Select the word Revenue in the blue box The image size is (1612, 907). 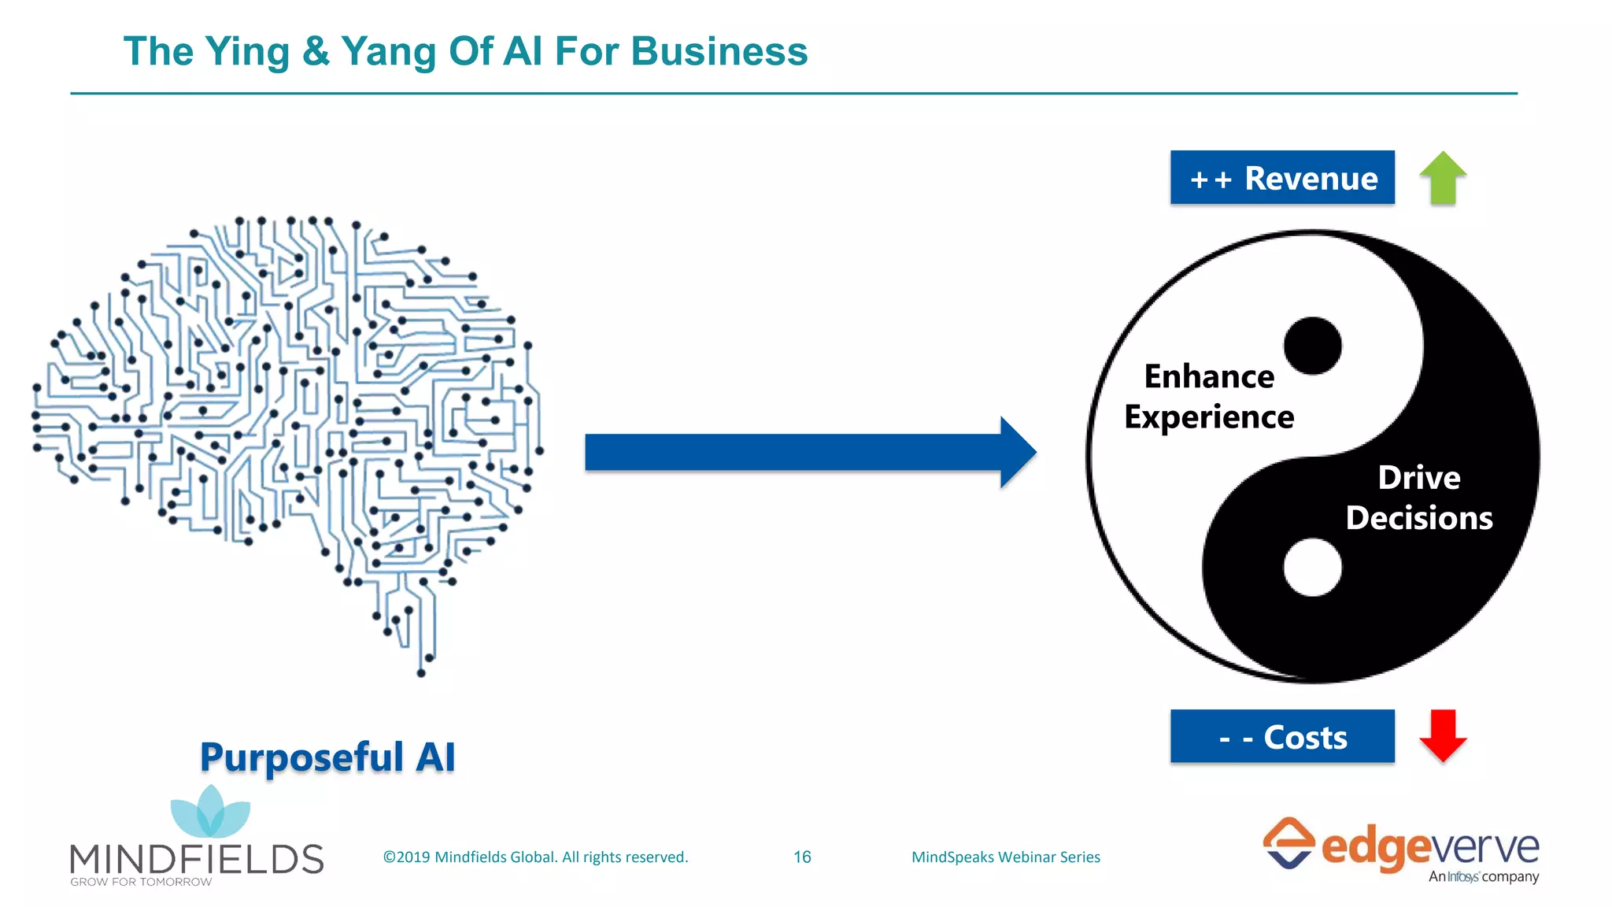tap(1311, 179)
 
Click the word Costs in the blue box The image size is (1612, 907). tap(1305, 738)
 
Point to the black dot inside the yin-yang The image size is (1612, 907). tap(1312, 346)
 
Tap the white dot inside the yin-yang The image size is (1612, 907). tap(1312, 567)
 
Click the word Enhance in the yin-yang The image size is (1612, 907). tap(1209, 376)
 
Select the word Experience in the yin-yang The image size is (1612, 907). tap(1209, 417)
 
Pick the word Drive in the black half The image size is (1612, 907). tap(1419, 478)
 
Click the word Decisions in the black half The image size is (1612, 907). tap(1419, 518)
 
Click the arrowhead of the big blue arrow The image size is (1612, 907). tap(1017, 452)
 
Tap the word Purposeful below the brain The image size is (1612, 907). tap(301, 757)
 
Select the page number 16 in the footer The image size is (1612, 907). tap(802, 857)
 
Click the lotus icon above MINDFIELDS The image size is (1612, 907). tap(210, 813)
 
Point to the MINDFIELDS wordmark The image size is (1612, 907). tap(197, 858)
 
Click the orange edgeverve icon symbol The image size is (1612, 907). tap(1288, 843)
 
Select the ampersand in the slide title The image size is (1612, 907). tap(316, 52)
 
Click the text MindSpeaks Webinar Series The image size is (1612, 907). tap(1005, 857)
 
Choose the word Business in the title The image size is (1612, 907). tap(719, 52)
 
